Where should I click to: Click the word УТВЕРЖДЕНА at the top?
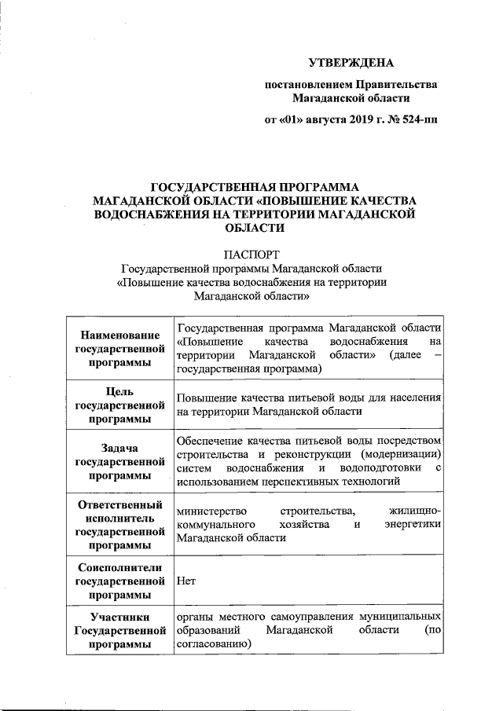[350, 62]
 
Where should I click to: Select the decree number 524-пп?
[420, 120]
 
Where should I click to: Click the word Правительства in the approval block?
[397, 84]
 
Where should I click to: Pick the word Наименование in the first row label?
[119, 335]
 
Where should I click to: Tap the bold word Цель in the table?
[119, 391]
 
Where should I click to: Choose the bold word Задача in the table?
[119, 448]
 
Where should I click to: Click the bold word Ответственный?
[119, 504]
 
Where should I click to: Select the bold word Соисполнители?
[119, 567]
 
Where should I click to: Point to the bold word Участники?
[119, 618]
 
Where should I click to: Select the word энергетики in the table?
[413, 524]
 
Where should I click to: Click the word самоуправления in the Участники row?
[296, 618]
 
